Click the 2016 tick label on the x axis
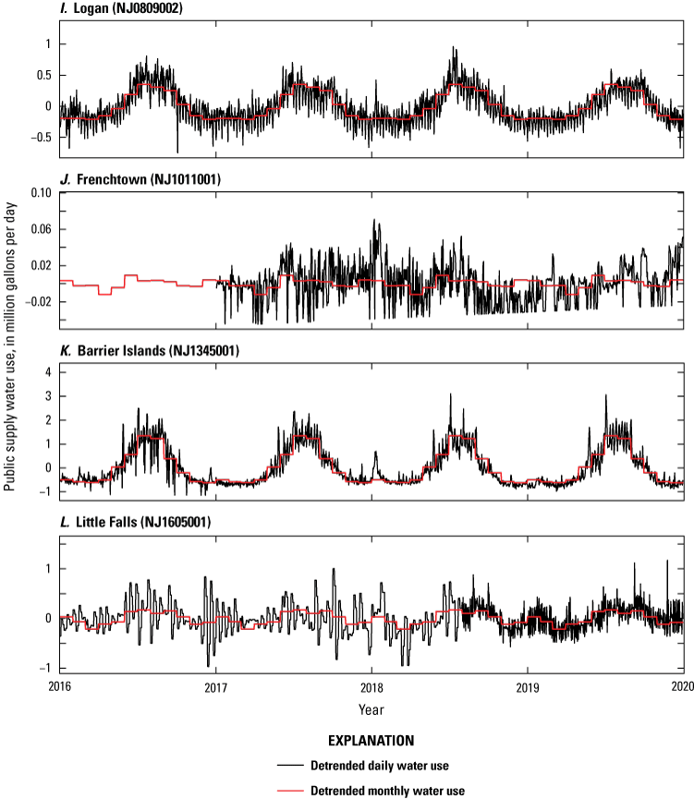(60, 687)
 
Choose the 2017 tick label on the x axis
(216, 687)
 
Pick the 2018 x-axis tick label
(371, 687)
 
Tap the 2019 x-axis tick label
(528, 687)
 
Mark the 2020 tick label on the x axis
(682, 687)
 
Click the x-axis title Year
(371, 709)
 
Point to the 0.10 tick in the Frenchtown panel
(39, 192)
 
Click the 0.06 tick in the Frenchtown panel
(39, 229)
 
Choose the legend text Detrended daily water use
(401, 766)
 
